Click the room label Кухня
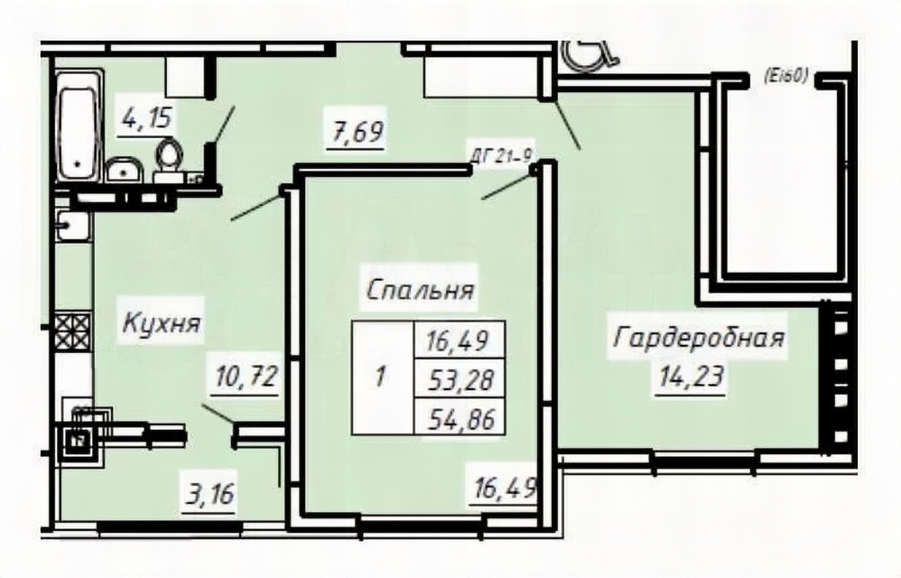point(162,323)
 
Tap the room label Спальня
point(420,290)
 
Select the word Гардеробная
point(699,337)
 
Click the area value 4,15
point(146,121)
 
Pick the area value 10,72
point(247,378)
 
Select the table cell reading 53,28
point(460,378)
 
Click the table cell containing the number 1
point(383,378)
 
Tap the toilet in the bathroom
point(169,159)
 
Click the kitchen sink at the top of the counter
point(73,225)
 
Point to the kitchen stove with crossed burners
point(73,331)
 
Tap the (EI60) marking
point(786,76)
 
